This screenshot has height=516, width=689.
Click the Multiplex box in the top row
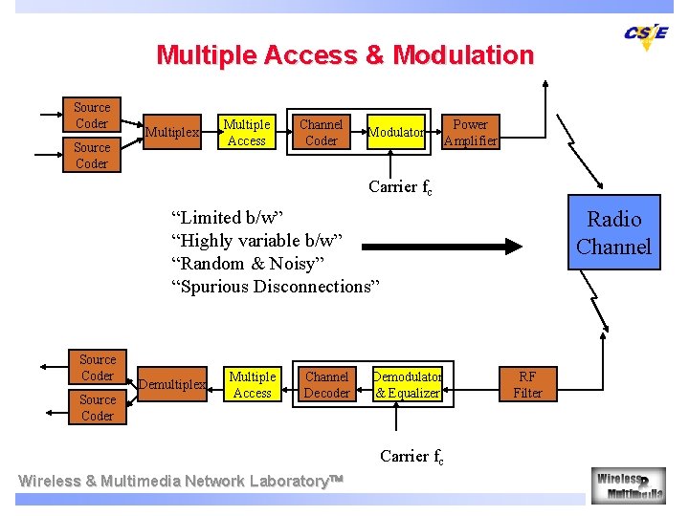click(172, 133)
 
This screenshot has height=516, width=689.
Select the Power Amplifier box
click(470, 133)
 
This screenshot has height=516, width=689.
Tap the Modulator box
click(397, 133)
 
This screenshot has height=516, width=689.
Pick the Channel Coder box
click(321, 133)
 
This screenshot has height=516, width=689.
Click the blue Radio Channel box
click(613, 233)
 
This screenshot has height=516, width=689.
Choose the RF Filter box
click(527, 385)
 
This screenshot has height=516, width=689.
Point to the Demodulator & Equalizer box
click(407, 385)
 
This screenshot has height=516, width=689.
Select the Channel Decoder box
click(326, 385)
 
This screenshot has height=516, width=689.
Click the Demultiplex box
click(172, 385)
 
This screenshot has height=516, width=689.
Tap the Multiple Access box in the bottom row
click(253, 385)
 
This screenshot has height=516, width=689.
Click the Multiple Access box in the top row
click(247, 133)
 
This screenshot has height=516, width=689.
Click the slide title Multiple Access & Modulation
click(344, 54)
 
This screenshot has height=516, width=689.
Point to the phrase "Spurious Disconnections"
click(276, 286)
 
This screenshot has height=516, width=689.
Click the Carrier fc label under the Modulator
click(400, 187)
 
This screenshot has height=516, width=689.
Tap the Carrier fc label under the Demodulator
click(411, 457)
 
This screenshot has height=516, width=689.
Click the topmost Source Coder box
click(92, 116)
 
